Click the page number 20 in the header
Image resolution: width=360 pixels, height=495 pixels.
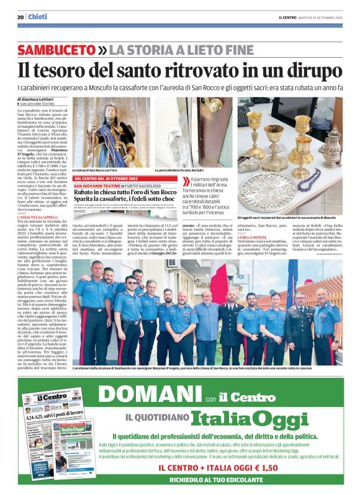pos(21,17)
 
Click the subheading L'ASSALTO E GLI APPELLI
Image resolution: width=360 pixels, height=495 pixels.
pos(37,216)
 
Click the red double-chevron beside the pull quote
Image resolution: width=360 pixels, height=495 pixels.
pos(185,181)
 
